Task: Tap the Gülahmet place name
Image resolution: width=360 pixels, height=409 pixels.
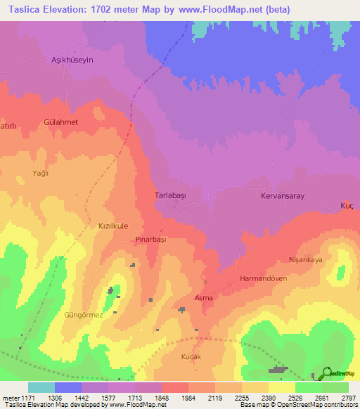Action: click(x=60, y=122)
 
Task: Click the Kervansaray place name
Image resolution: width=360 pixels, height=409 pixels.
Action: click(x=282, y=197)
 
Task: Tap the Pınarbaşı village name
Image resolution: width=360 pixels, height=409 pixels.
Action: click(x=149, y=240)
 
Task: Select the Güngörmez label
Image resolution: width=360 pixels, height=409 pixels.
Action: click(x=84, y=315)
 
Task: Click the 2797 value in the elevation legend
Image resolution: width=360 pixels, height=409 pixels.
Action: click(x=347, y=397)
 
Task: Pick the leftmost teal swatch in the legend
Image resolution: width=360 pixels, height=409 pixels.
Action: click(x=41, y=387)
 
